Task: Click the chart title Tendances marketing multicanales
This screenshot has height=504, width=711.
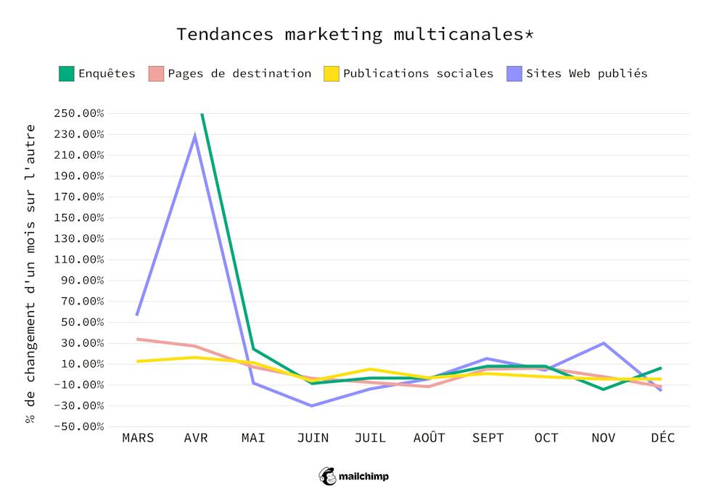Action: [355, 34]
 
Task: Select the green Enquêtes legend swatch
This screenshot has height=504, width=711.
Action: [67, 73]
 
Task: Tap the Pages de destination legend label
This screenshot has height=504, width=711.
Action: [239, 73]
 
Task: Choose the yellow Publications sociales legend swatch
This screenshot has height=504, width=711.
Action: [332, 73]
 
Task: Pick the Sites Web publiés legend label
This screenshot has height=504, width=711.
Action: [586, 73]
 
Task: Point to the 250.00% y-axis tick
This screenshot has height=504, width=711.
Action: [78, 114]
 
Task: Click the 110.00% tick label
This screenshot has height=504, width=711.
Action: [78, 260]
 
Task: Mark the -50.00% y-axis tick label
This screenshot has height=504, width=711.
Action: [78, 426]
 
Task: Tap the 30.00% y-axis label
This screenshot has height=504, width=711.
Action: [81, 343]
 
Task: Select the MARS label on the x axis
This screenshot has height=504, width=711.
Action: [138, 438]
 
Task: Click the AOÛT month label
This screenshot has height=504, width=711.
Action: [429, 438]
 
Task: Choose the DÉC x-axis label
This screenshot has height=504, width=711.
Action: [662, 438]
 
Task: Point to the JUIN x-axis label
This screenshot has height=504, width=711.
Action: [312, 438]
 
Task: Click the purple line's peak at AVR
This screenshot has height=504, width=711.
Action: [195, 136]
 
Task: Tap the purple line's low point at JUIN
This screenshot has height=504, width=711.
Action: [312, 405]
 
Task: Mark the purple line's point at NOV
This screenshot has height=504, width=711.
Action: [604, 343]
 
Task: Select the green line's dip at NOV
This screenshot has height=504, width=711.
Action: [604, 389]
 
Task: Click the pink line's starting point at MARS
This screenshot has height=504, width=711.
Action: [138, 339]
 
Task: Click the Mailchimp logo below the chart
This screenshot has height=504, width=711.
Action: [355, 476]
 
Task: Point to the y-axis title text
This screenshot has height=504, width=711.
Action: [30, 274]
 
